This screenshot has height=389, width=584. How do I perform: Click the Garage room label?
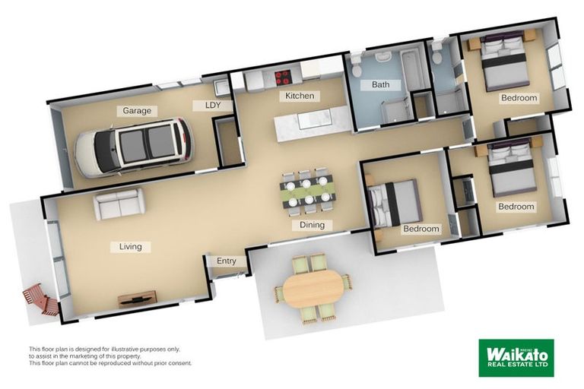point(137,111)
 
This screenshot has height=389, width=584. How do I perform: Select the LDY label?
point(212,106)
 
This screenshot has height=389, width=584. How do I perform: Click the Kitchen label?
point(300,96)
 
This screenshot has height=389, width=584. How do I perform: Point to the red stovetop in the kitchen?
point(283,76)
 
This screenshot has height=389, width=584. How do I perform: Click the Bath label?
point(380,85)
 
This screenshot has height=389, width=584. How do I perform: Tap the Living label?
point(130,247)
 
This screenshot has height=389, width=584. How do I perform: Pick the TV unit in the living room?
point(138,298)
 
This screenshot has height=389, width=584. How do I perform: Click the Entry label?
point(227,261)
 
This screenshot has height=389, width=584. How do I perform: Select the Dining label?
point(312,225)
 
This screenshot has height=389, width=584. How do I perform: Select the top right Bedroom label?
point(519,98)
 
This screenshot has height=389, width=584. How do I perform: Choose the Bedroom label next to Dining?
point(421,229)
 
